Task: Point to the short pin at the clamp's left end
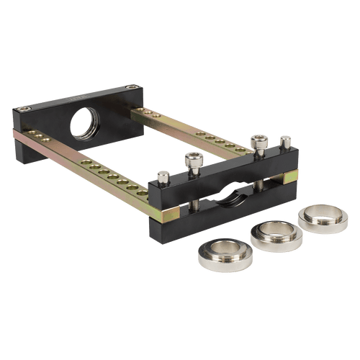pyautogui.click(x=163, y=175)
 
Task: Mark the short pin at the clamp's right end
pyautogui.click(x=285, y=140)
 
